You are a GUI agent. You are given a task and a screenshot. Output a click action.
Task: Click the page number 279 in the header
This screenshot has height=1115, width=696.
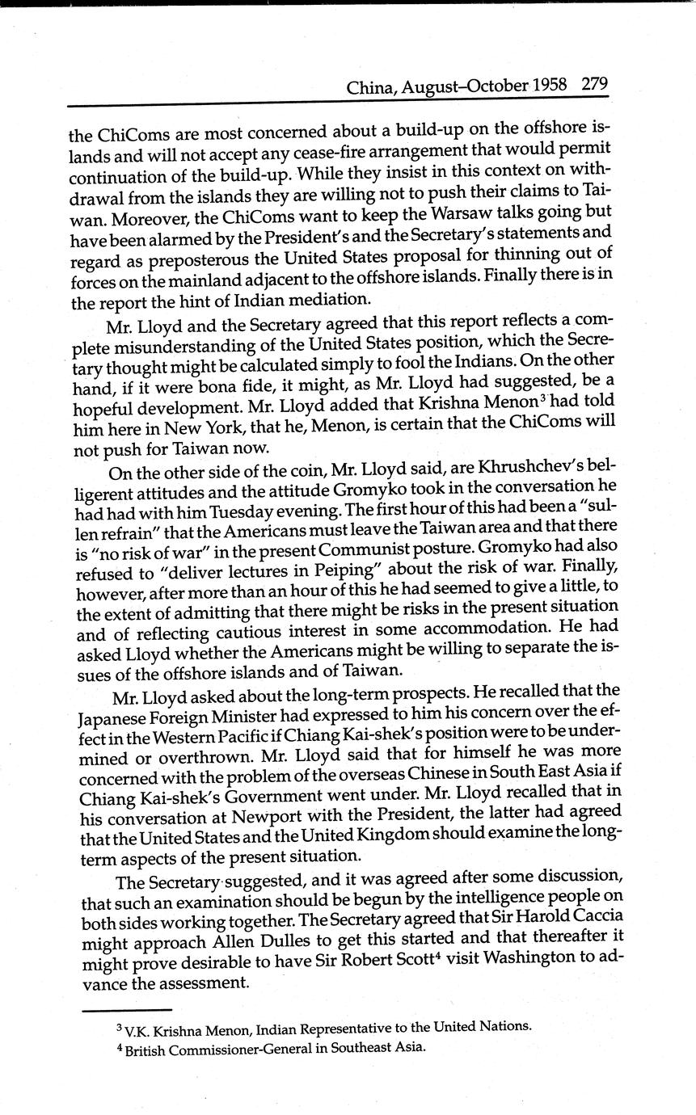tap(594, 84)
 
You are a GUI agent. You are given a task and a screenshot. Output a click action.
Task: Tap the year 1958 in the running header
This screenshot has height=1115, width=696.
tap(550, 85)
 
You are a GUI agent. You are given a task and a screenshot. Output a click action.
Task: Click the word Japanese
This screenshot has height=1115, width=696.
tap(119, 714)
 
